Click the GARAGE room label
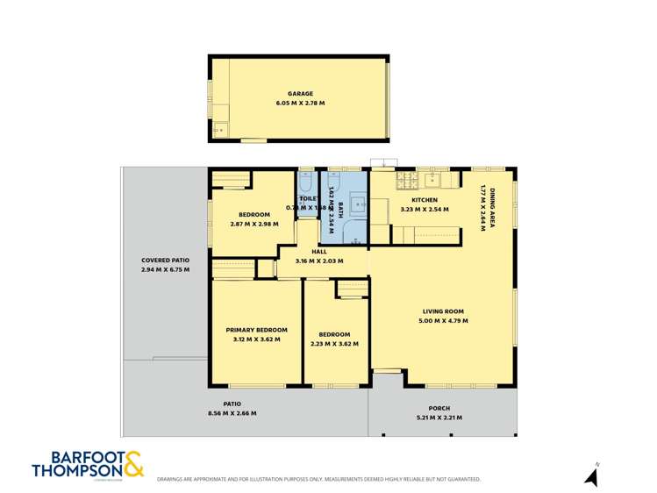[x=300, y=94]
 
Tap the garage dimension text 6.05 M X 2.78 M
[x=300, y=104]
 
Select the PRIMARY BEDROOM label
[x=257, y=330]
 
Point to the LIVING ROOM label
[x=443, y=311]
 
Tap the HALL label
[x=318, y=251]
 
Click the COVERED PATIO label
[x=165, y=261]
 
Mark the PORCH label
[x=439, y=408]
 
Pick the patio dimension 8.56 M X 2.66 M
[x=232, y=412]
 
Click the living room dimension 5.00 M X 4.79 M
[x=443, y=321]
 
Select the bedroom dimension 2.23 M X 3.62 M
[x=334, y=344]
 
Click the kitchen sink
[x=432, y=180]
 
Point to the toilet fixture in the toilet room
[x=305, y=182]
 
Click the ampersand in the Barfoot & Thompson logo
[x=131, y=464]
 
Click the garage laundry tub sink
[x=219, y=130]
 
